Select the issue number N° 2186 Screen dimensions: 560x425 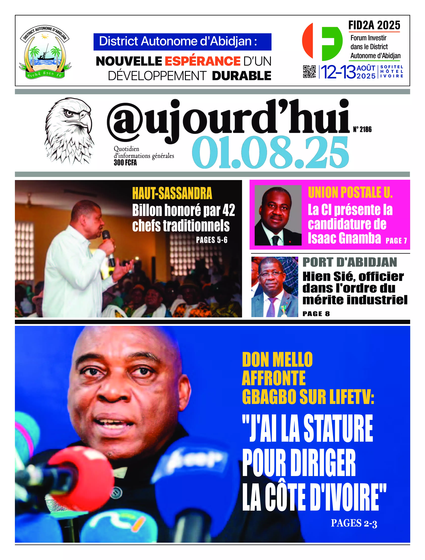pyautogui.click(x=362, y=129)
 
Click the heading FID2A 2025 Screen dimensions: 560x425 pyautogui.click(x=374, y=25)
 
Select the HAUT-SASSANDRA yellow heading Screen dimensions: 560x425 pyautogui.click(x=172, y=193)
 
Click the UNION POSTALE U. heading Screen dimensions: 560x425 pyautogui.click(x=350, y=192)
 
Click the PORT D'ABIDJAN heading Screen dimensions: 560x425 pyautogui.click(x=350, y=262)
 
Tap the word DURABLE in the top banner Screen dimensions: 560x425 pyautogui.click(x=242, y=76)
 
